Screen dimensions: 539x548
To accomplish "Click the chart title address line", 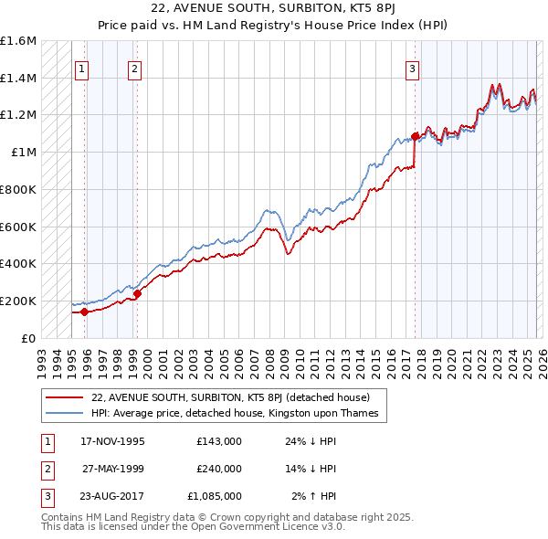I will tap(274, 9).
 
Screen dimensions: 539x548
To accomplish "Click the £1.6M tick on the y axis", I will tap(18, 41).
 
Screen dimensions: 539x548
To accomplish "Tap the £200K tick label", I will tap(18, 301).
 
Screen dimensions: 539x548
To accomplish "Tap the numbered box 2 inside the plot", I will tap(134, 68).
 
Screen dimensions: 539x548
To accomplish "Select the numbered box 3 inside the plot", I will tap(413, 68).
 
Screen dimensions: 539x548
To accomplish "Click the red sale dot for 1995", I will tap(84, 312).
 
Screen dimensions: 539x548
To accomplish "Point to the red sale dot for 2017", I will tap(415, 136).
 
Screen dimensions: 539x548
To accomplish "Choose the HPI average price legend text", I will tap(235, 414).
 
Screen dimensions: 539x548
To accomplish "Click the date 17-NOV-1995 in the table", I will tap(112, 441).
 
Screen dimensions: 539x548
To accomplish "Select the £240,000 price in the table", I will tap(218, 469).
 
